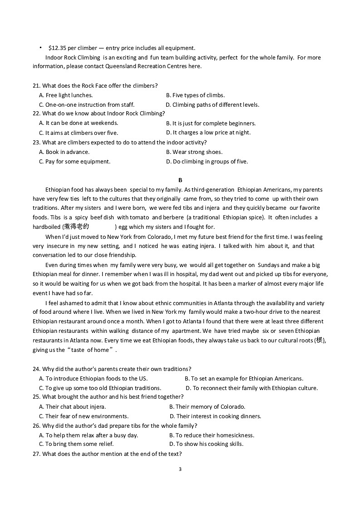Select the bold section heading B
click(x=180, y=180)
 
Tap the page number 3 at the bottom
click(x=180, y=469)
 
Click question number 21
click(x=36, y=86)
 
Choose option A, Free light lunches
click(x=66, y=95)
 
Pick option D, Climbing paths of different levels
click(x=212, y=105)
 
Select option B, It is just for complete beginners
click(x=211, y=124)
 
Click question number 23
click(x=36, y=143)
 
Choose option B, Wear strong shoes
click(x=194, y=152)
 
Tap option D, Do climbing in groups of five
click(x=207, y=162)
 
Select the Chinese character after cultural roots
click(x=321, y=341)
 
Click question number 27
click(x=36, y=454)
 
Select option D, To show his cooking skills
click(x=206, y=444)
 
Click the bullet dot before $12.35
click(x=40, y=47)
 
